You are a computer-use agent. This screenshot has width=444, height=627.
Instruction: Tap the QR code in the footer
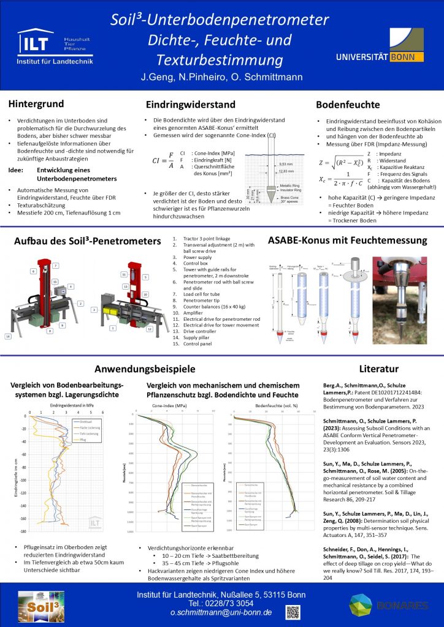[293, 611]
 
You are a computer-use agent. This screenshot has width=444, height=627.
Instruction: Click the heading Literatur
[379, 369]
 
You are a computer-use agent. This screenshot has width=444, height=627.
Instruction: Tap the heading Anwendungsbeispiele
[145, 369]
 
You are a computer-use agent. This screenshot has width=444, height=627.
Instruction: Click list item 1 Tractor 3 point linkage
[197, 238]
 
